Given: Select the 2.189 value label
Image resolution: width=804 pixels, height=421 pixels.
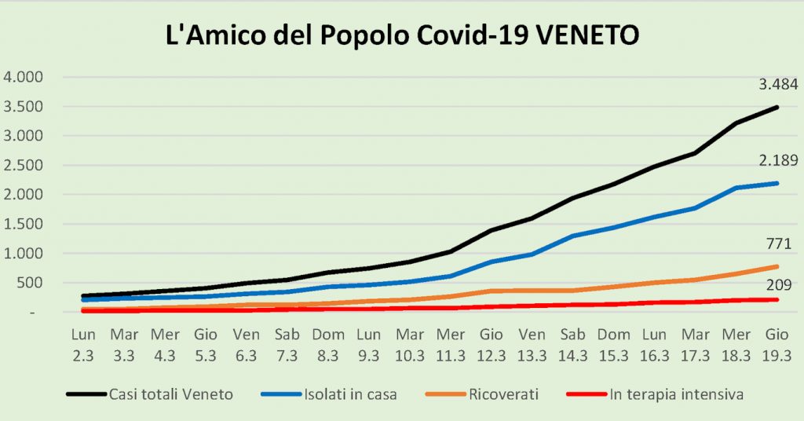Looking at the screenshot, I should (776, 162).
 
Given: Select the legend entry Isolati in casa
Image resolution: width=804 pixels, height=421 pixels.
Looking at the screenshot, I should (350, 394).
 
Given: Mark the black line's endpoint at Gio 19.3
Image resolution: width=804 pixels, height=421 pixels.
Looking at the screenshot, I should (777, 107).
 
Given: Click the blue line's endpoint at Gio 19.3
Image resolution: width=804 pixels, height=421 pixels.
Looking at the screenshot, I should (777, 183).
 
